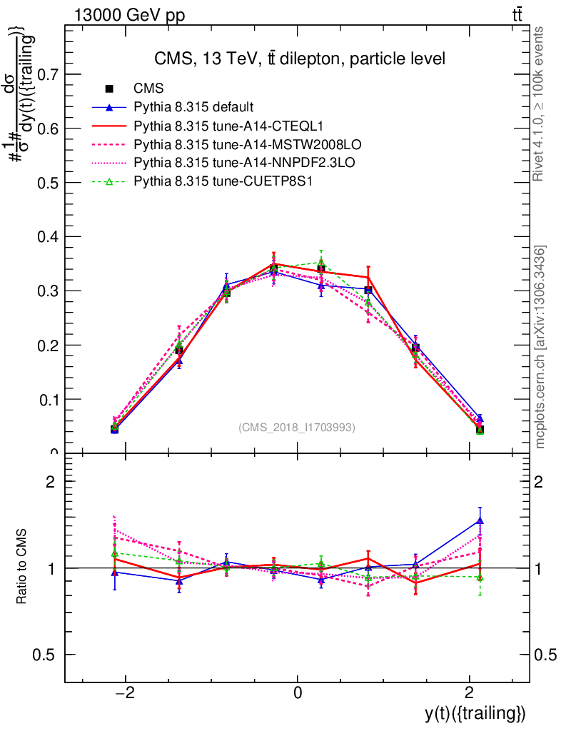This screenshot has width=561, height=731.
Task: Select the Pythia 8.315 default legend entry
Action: click(193, 108)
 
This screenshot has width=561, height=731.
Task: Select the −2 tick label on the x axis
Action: click(125, 692)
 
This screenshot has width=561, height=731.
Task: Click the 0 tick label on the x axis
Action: click(297, 692)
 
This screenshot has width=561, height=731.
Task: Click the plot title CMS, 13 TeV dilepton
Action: click(300, 59)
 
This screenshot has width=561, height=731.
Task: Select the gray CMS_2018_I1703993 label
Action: click(296, 428)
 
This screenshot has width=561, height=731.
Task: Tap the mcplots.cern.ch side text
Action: click(540, 347)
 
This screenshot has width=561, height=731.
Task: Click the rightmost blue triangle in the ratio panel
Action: click(480, 520)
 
